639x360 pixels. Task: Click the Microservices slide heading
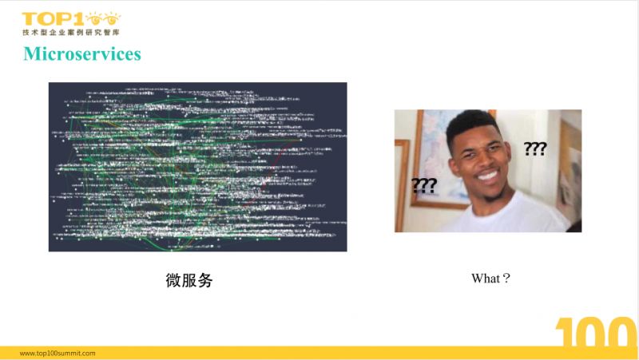(82, 54)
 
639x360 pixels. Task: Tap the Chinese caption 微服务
(189, 280)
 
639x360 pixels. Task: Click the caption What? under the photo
(490, 279)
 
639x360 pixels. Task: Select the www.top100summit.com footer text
(58, 352)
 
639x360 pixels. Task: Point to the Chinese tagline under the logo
(71, 32)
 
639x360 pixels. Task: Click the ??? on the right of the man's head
(535, 148)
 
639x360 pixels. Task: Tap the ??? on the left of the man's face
(423, 185)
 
